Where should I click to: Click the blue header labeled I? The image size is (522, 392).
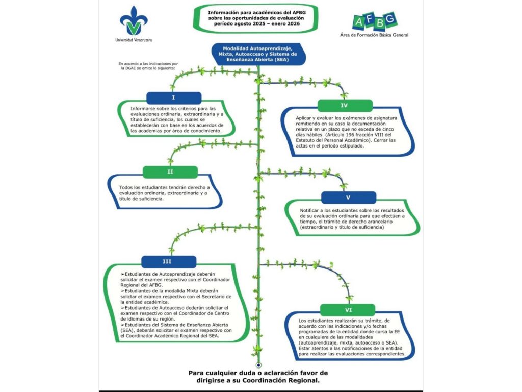[x=173, y=97]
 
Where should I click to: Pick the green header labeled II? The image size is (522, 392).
[x=170, y=172]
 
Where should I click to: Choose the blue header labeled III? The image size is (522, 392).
[x=167, y=262]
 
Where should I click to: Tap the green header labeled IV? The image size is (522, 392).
[x=345, y=106]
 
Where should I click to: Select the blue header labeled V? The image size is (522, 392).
[x=348, y=198]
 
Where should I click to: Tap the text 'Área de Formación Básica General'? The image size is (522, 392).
[x=374, y=35]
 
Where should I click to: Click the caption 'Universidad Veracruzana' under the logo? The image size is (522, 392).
[x=133, y=40]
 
